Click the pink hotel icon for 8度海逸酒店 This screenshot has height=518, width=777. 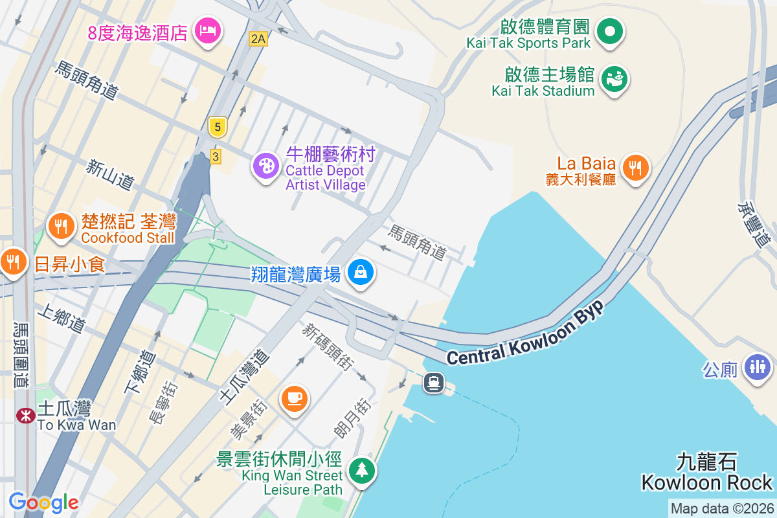click(207, 30)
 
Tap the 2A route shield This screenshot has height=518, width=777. click(258, 39)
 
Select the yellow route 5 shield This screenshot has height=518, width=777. click(217, 127)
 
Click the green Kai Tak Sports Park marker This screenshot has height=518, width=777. click(609, 30)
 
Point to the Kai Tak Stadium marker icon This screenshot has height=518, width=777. click(614, 79)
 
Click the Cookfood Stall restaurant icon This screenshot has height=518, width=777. click(61, 226)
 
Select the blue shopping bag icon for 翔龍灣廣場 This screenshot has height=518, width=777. click(361, 272)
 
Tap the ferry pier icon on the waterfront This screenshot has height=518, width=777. click(433, 383)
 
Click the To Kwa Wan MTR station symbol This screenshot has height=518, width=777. click(26, 415)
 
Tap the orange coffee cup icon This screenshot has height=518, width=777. click(294, 397)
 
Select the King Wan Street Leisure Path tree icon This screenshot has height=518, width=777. click(361, 469)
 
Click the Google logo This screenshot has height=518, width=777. click(43, 502)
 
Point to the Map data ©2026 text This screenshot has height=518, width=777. click(722, 509)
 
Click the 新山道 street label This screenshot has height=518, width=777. click(110, 175)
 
